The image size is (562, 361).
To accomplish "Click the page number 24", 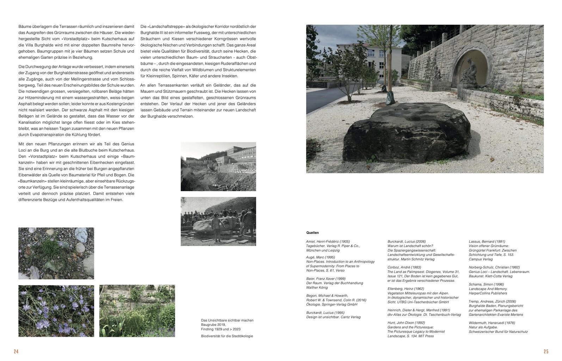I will pos(16,351).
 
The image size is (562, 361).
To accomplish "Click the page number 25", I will pos(546,351).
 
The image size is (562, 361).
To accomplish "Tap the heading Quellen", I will pos(312,233).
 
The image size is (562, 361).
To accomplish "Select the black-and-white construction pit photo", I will pos(218,166).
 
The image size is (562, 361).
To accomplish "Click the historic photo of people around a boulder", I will pos(218,221).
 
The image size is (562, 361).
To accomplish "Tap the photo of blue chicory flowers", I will pos(56,311).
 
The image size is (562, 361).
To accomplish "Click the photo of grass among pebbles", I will pos(56,253).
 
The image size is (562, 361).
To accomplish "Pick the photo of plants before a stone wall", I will pos(137,311).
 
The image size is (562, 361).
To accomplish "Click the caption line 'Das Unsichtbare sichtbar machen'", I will pos(227,320).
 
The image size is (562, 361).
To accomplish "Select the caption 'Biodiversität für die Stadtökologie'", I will pos(227,336).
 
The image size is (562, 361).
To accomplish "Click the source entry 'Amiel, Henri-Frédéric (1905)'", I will pos(328,241).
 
